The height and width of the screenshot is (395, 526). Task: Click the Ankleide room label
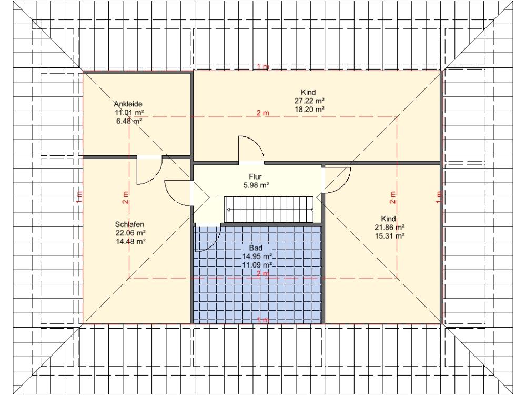pyautogui.click(x=128, y=104)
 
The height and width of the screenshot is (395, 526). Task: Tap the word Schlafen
pyautogui.click(x=129, y=224)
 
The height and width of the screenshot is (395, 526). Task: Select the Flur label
pyautogui.click(x=255, y=176)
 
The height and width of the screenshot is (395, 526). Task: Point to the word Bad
pyautogui.click(x=256, y=248)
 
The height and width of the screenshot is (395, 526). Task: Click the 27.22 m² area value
pyautogui.click(x=309, y=101)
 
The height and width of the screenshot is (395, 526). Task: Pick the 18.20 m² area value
pyautogui.click(x=309, y=109)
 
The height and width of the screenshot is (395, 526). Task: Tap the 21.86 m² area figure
pyautogui.click(x=389, y=228)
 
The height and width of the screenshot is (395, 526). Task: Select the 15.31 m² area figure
pyautogui.click(x=389, y=236)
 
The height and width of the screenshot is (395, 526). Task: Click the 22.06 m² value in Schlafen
pyautogui.click(x=130, y=233)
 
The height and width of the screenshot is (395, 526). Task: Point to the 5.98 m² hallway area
pyautogui.click(x=256, y=185)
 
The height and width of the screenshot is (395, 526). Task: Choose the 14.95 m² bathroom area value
pyautogui.click(x=257, y=256)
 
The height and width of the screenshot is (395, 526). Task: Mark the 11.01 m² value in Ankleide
pyautogui.click(x=129, y=113)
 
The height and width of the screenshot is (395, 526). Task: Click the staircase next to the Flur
pyautogui.click(x=269, y=210)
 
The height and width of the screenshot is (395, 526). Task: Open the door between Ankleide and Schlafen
pyautogui.click(x=149, y=170)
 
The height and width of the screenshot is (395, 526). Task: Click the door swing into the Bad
pyautogui.click(x=207, y=239)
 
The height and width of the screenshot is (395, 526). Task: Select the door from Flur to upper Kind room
pyautogui.click(x=251, y=150)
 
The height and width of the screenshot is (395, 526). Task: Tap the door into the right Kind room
pyautogui.click(x=337, y=180)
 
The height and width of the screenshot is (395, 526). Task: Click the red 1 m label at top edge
pyautogui.click(x=263, y=67)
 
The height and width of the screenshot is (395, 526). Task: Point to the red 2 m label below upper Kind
pyautogui.click(x=263, y=113)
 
